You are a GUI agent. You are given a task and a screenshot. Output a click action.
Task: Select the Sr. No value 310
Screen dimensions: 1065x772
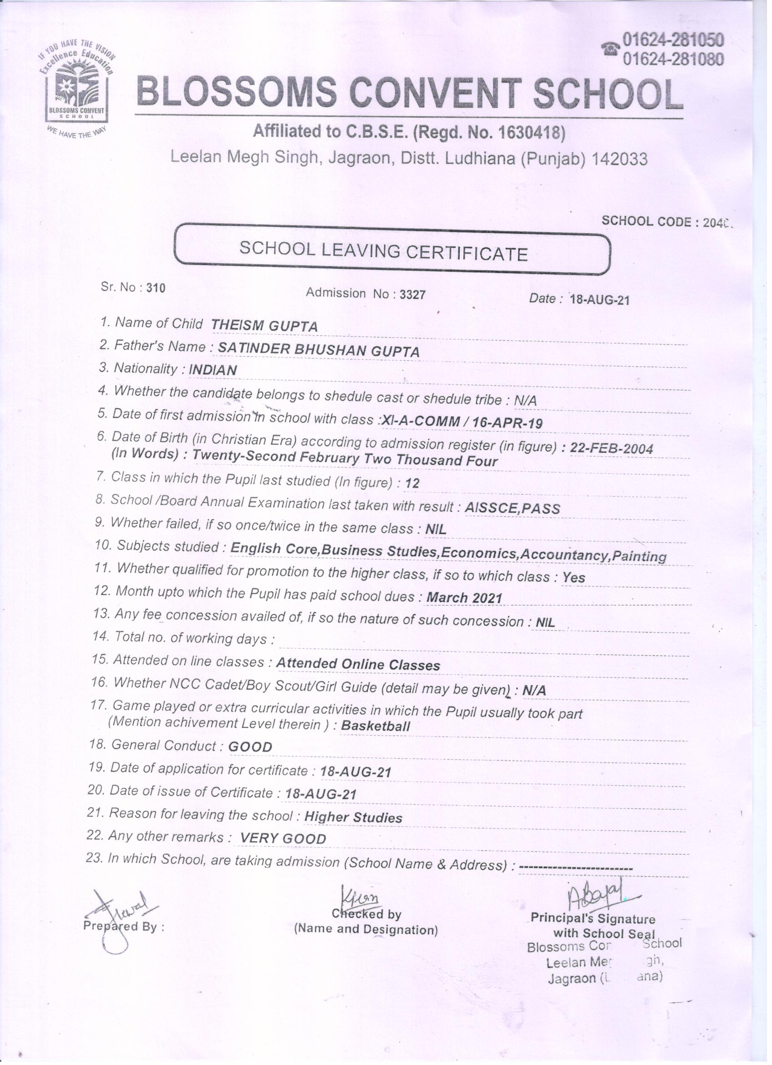tap(156, 288)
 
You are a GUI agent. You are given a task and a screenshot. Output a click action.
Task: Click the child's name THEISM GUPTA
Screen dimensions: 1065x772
tap(264, 325)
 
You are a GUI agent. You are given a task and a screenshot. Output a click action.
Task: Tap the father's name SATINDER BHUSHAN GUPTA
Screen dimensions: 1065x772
tap(319, 350)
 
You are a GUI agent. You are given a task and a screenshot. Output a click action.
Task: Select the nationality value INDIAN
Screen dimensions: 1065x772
tap(213, 370)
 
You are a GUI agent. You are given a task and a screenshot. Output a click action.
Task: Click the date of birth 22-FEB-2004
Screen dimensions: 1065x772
tap(611, 448)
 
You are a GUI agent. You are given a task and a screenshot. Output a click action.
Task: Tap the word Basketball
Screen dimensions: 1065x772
tap(376, 726)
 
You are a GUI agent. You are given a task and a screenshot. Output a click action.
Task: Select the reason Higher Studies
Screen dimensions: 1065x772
tap(353, 818)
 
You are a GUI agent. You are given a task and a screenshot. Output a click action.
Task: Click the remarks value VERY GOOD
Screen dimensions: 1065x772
tap(283, 839)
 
